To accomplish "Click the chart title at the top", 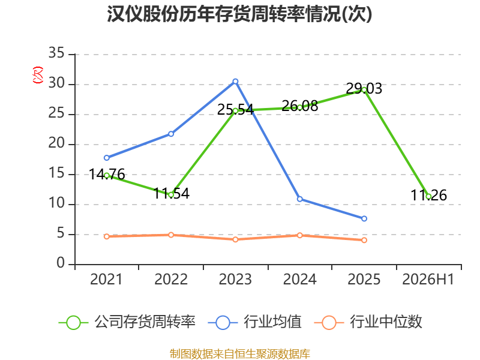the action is (239, 14).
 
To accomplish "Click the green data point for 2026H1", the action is (428, 197).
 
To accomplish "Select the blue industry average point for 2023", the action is (235, 82).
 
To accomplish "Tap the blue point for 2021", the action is (107, 158).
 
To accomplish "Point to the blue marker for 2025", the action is (364, 218).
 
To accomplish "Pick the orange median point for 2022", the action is (171, 235).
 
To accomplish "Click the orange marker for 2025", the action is (364, 241).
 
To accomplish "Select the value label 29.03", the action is (364, 89).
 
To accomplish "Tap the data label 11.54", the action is (171, 193).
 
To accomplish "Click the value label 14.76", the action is (107, 175).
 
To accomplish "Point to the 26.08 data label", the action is (299, 106).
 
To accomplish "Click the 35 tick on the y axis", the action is (56, 53).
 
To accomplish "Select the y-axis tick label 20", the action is (56, 143).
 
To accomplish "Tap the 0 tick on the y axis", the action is (61, 263).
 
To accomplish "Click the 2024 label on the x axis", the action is (299, 280).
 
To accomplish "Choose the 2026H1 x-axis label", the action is (428, 280).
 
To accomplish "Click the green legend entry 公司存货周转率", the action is (127, 322).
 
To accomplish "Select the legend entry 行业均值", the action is (254, 322).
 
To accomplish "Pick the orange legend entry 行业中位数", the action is (368, 322).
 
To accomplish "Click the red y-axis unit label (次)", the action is (38, 75).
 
